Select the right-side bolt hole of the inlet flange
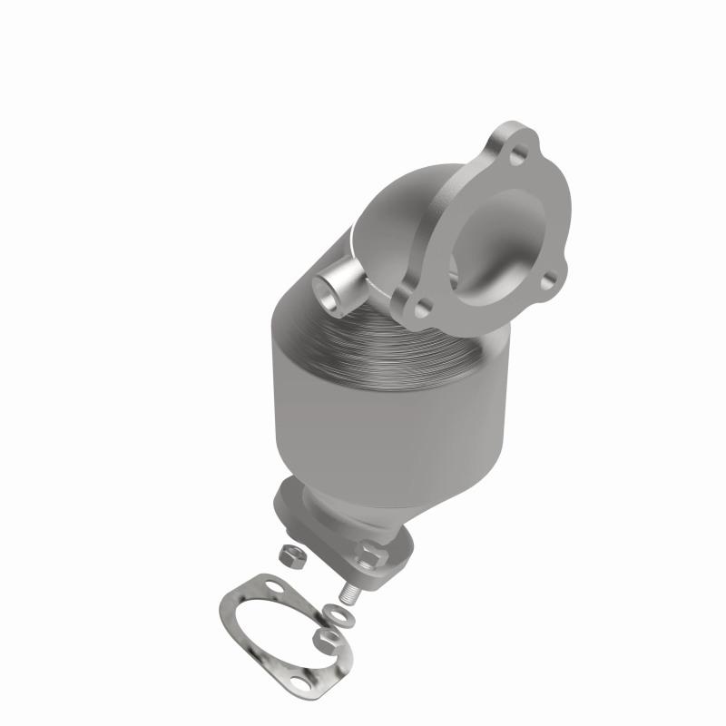point(547,283)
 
